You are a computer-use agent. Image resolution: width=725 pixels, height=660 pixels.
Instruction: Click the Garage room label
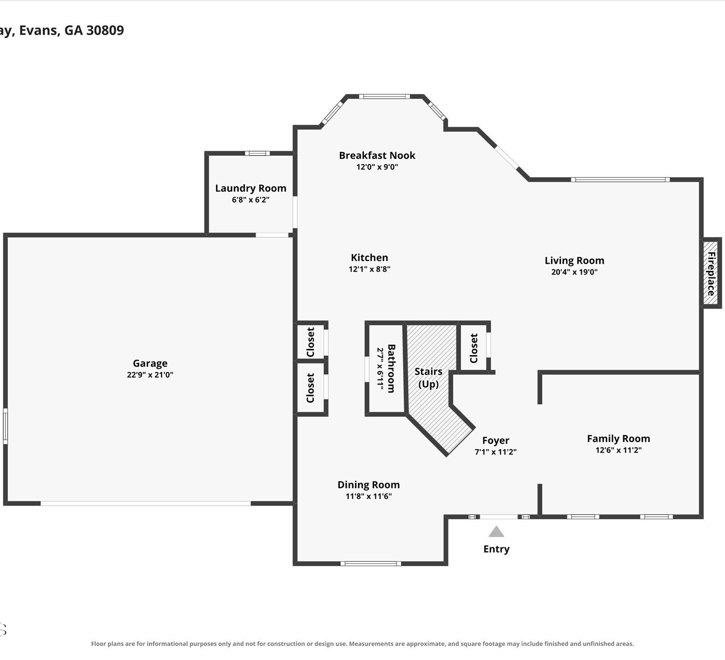pyautogui.click(x=150, y=364)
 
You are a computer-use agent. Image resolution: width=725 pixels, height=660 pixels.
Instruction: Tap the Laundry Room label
pyautogui.click(x=250, y=189)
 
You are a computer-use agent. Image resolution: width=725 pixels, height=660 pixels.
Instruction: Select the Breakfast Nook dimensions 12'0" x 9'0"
pyautogui.click(x=377, y=167)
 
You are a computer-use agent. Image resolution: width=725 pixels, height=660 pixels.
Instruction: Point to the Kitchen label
pyautogui.click(x=369, y=258)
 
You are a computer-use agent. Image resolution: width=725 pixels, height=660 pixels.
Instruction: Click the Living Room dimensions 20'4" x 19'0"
pyautogui.click(x=574, y=272)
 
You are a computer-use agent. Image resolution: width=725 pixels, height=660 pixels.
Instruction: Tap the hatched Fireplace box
pyautogui.click(x=711, y=273)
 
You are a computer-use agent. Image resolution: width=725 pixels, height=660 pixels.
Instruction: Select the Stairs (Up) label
pyautogui.click(x=428, y=378)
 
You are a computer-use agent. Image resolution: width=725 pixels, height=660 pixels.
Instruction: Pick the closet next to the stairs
pyautogui.click(x=473, y=348)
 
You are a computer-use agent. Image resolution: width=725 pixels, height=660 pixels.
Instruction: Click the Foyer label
pyautogui.click(x=495, y=440)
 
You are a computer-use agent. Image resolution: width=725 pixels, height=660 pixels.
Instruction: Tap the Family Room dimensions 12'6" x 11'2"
pyautogui.click(x=618, y=450)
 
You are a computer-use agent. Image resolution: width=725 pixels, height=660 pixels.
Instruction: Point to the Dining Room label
pyautogui.click(x=368, y=484)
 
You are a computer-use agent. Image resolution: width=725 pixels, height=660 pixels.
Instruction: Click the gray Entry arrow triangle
pyautogui.click(x=496, y=531)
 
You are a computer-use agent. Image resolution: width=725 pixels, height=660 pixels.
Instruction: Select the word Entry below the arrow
pyautogui.click(x=496, y=549)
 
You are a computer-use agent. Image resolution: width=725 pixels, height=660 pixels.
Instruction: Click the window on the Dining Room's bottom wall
pyautogui.click(x=371, y=563)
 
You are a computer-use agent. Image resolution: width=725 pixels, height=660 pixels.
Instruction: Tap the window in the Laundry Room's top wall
pyautogui.click(x=257, y=153)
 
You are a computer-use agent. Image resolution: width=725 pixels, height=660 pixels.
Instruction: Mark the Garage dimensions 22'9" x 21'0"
pyautogui.click(x=150, y=375)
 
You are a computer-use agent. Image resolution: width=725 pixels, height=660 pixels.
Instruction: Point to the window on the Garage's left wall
pyautogui.click(x=5, y=426)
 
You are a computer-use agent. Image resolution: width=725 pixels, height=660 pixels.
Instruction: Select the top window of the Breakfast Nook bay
pyautogui.click(x=384, y=97)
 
